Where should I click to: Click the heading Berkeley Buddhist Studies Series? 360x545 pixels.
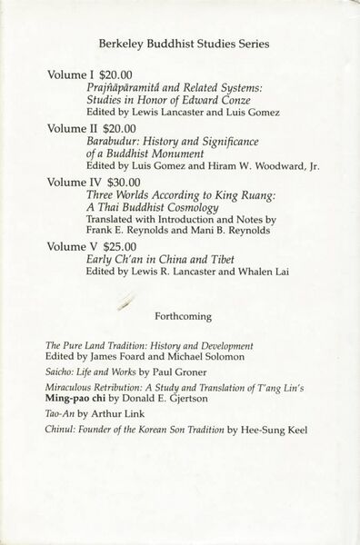pos(179,43)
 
